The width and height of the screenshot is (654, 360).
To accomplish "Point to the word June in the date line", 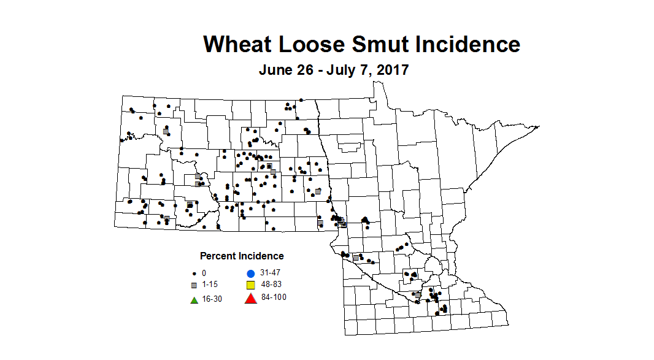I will pos(275,70).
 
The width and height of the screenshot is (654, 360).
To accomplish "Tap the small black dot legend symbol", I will pos(194,273).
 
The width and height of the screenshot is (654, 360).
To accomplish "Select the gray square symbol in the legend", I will pos(194,286).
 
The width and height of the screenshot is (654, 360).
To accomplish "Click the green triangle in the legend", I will pos(194,300).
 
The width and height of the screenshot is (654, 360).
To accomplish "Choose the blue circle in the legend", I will pos(250,273).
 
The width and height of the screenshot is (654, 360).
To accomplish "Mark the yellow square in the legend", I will pos(250,286).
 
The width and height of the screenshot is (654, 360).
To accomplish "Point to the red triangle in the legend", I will pos(250,299).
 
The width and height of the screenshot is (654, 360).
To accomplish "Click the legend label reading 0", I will pos(204,273).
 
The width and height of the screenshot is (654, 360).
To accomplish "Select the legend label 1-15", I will pos(209,285).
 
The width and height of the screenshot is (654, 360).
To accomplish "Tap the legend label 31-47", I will pos(271,272).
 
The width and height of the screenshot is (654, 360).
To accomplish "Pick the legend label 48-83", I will pos(271,285).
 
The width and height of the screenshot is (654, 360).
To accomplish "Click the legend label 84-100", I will pos(272,297).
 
